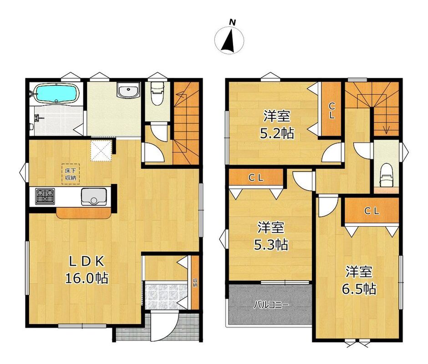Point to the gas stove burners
coord(45,196)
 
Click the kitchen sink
coord(94,197)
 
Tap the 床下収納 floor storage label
coord(70,174)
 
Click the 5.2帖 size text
coord(277,133)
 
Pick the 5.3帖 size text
coord(271,244)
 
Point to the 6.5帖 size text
coord(359,288)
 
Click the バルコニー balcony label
coord(271,305)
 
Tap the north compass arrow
coord(228,40)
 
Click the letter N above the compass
coord(232,22)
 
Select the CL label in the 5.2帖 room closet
coord(331,111)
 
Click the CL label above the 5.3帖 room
coord(256,178)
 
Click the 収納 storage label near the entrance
coord(195,283)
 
